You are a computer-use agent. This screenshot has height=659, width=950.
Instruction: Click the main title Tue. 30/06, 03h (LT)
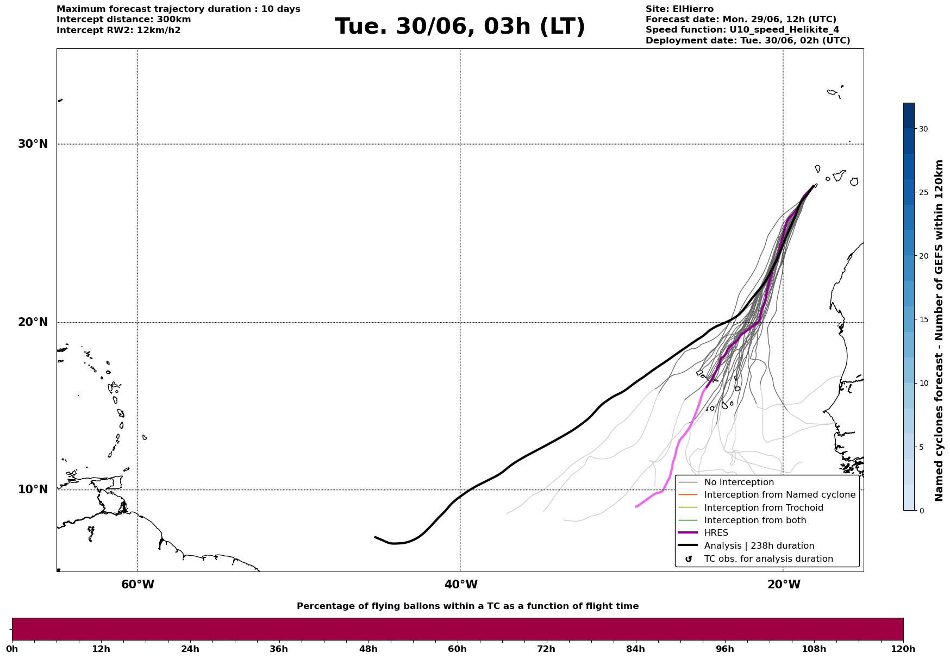tap(460, 27)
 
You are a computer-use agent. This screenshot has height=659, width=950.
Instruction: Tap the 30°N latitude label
tap(33, 144)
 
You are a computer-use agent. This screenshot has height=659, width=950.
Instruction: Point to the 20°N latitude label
tap(33, 322)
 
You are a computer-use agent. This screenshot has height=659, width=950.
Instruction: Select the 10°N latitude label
tap(33, 489)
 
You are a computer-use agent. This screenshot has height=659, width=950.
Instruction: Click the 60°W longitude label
tap(137, 585)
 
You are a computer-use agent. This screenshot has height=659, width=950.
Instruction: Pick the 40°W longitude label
tap(461, 585)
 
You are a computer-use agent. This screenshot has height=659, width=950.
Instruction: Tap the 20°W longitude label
tap(784, 585)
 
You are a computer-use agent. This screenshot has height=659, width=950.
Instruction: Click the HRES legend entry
tap(716, 533)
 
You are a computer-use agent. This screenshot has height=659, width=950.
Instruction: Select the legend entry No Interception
tap(739, 482)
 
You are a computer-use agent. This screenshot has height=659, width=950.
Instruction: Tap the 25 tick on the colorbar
tap(923, 192)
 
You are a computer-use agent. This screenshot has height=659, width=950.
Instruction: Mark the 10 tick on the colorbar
tap(923, 383)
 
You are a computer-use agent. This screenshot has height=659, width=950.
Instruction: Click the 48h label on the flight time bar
tap(368, 649)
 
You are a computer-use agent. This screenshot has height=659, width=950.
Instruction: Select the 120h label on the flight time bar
tap(903, 649)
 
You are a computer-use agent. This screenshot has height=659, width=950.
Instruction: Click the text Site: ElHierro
tap(679, 9)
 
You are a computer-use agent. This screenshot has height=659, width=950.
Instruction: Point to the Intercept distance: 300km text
tap(124, 20)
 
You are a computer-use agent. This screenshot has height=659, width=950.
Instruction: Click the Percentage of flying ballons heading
tap(467, 606)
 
